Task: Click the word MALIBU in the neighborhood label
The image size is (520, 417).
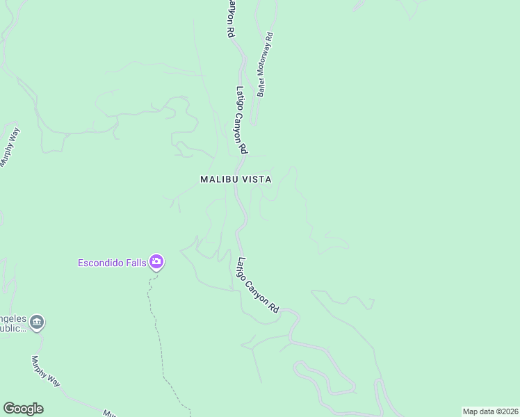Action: coord(219,179)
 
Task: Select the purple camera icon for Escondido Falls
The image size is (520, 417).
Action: coord(156,261)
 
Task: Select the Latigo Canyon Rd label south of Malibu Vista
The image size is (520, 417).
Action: coord(258,285)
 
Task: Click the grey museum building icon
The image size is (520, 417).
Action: coord(38,322)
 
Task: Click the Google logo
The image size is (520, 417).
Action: coord(23,409)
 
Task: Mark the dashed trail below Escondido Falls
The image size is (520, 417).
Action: coord(157,334)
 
